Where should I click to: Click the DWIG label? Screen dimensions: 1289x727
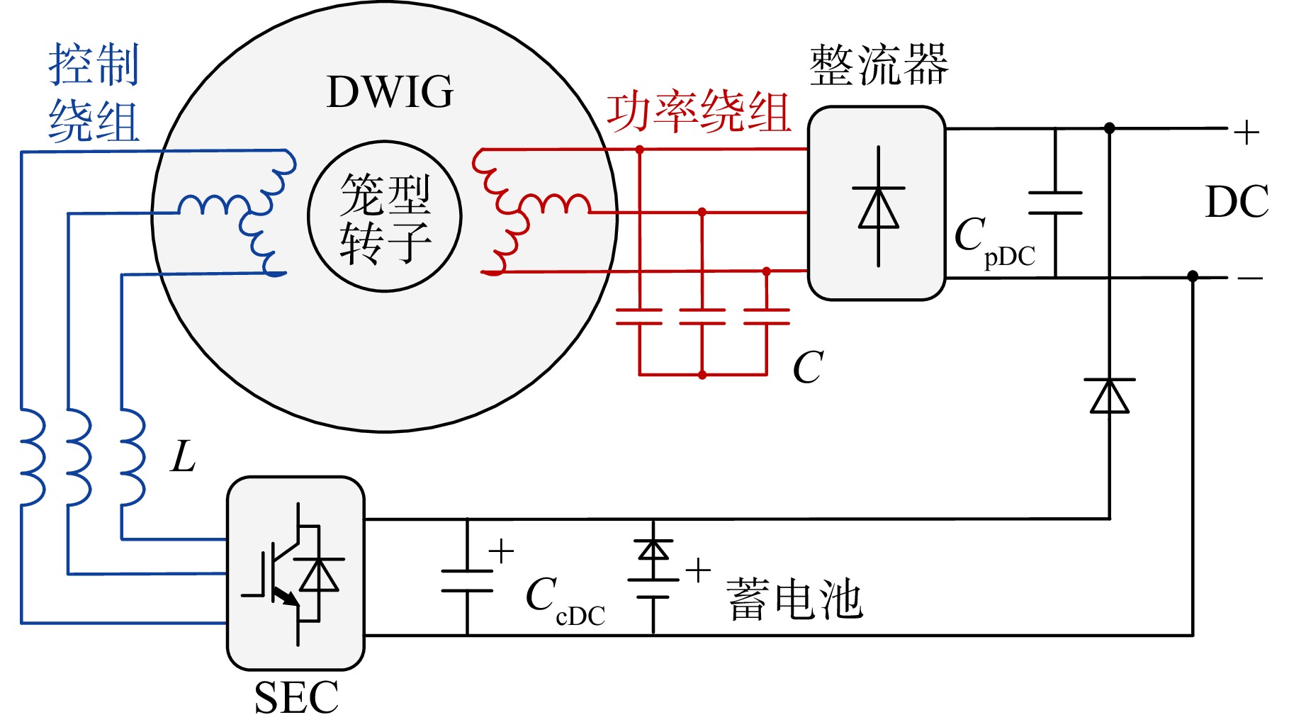[x=390, y=92]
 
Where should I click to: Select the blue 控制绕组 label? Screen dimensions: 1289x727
[x=94, y=93]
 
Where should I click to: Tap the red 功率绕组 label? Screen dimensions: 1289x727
[x=699, y=113]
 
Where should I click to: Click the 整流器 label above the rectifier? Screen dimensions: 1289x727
[x=878, y=65]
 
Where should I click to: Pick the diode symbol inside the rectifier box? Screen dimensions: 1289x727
[x=879, y=206]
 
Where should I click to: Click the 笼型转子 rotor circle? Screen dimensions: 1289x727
[x=385, y=216]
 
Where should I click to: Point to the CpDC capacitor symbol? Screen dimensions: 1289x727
[x=1055, y=203]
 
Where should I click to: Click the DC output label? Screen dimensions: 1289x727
[x=1237, y=202]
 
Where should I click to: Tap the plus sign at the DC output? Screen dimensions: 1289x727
[x=1246, y=133]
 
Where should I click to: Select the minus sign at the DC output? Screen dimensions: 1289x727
[x=1250, y=278]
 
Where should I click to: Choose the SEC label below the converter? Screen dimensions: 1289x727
[x=296, y=698]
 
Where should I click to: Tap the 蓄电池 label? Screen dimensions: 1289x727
[x=794, y=599]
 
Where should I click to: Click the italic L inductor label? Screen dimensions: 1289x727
[x=184, y=457]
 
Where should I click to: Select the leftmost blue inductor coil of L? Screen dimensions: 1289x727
[x=33, y=456]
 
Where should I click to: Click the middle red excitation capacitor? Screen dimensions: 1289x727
[x=702, y=317]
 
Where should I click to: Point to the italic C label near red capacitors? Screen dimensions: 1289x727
[x=808, y=367]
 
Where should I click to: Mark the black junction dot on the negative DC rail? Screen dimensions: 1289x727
[x=1193, y=276]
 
